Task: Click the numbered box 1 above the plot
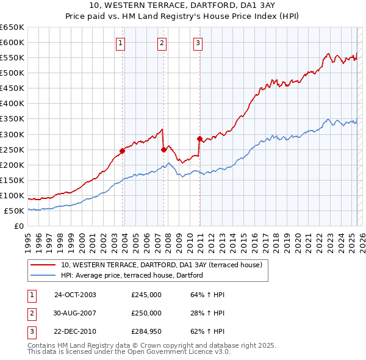121,43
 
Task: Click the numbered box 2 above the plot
162,43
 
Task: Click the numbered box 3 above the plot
198,43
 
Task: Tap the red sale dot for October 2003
122,151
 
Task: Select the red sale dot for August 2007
163,149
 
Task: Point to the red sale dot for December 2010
199,139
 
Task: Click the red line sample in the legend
43,265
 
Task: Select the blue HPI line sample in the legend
43,276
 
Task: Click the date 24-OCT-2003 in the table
75,295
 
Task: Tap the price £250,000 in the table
146,313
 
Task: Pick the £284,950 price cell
146,331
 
